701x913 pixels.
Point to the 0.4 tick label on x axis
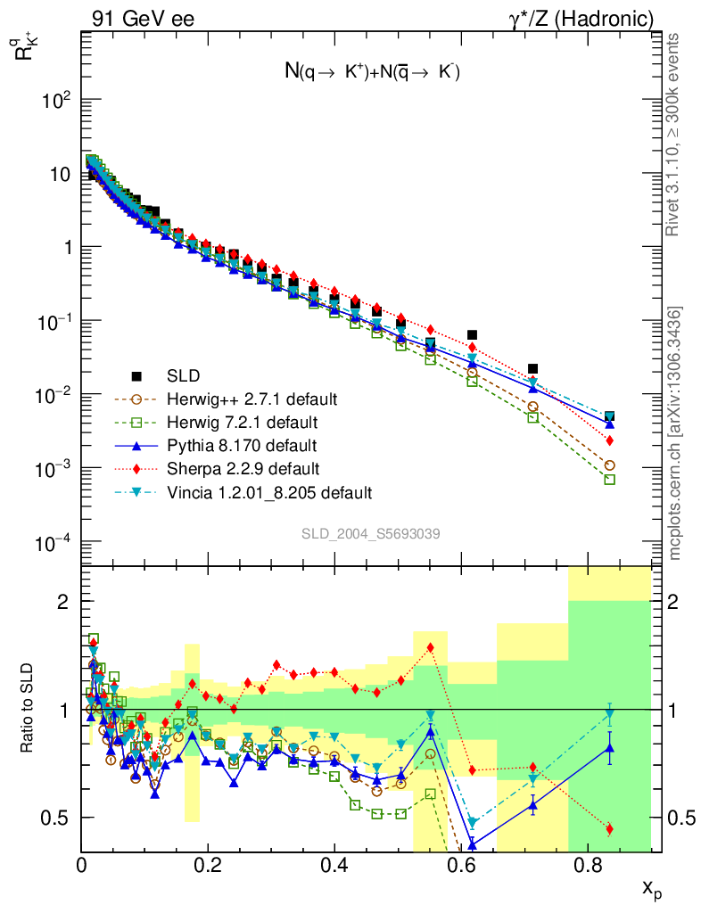334,864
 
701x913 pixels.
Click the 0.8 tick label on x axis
587,864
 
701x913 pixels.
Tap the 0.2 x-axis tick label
208,864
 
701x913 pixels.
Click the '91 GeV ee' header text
143,18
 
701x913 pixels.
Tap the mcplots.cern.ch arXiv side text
676,433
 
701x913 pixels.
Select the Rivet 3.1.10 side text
676,134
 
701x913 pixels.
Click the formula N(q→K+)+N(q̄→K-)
371,73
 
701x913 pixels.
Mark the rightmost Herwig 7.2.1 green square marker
610,479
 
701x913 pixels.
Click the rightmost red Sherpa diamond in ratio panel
610,829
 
